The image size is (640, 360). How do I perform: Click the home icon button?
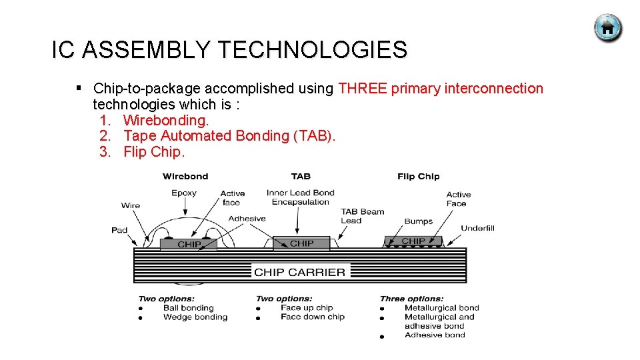click(607, 28)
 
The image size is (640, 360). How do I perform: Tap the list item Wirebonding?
click(166, 120)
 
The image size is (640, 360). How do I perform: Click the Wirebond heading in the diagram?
click(185, 177)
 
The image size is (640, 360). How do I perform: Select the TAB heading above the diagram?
click(301, 177)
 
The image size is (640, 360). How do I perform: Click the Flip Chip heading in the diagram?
click(418, 177)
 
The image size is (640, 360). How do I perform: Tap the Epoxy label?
click(184, 193)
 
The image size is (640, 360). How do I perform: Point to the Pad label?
click(119, 230)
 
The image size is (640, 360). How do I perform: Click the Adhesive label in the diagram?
click(247, 219)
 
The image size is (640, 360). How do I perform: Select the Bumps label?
click(418, 221)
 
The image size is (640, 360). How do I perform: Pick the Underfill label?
click(477, 228)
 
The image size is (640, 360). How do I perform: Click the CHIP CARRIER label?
click(299, 272)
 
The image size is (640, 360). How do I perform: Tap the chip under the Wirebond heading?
click(189, 245)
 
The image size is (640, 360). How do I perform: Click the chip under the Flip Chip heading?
click(413, 241)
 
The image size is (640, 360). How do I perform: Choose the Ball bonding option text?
click(188, 308)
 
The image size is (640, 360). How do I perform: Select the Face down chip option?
click(312, 317)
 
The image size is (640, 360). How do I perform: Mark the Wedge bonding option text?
click(195, 317)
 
